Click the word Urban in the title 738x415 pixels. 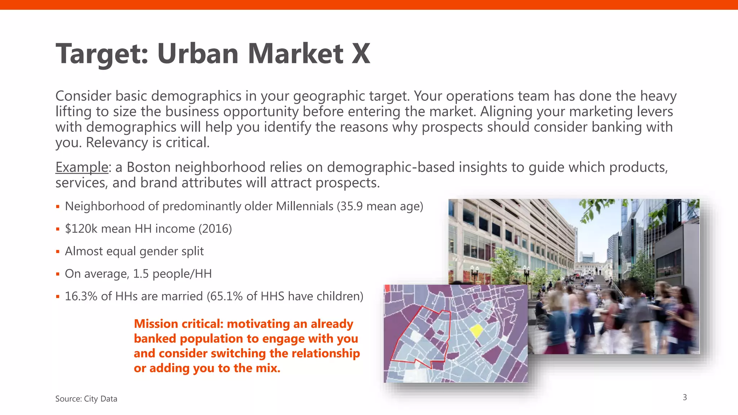coord(198,54)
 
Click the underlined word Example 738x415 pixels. coord(82,167)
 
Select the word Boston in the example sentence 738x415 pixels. coord(148,167)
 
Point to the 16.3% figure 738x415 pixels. coord(81,296)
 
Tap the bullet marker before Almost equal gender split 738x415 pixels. coord(58,252)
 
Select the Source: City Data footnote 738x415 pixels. coord(86,399)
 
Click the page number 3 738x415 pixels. coord(685,397)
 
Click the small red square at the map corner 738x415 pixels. coord(387,288)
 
